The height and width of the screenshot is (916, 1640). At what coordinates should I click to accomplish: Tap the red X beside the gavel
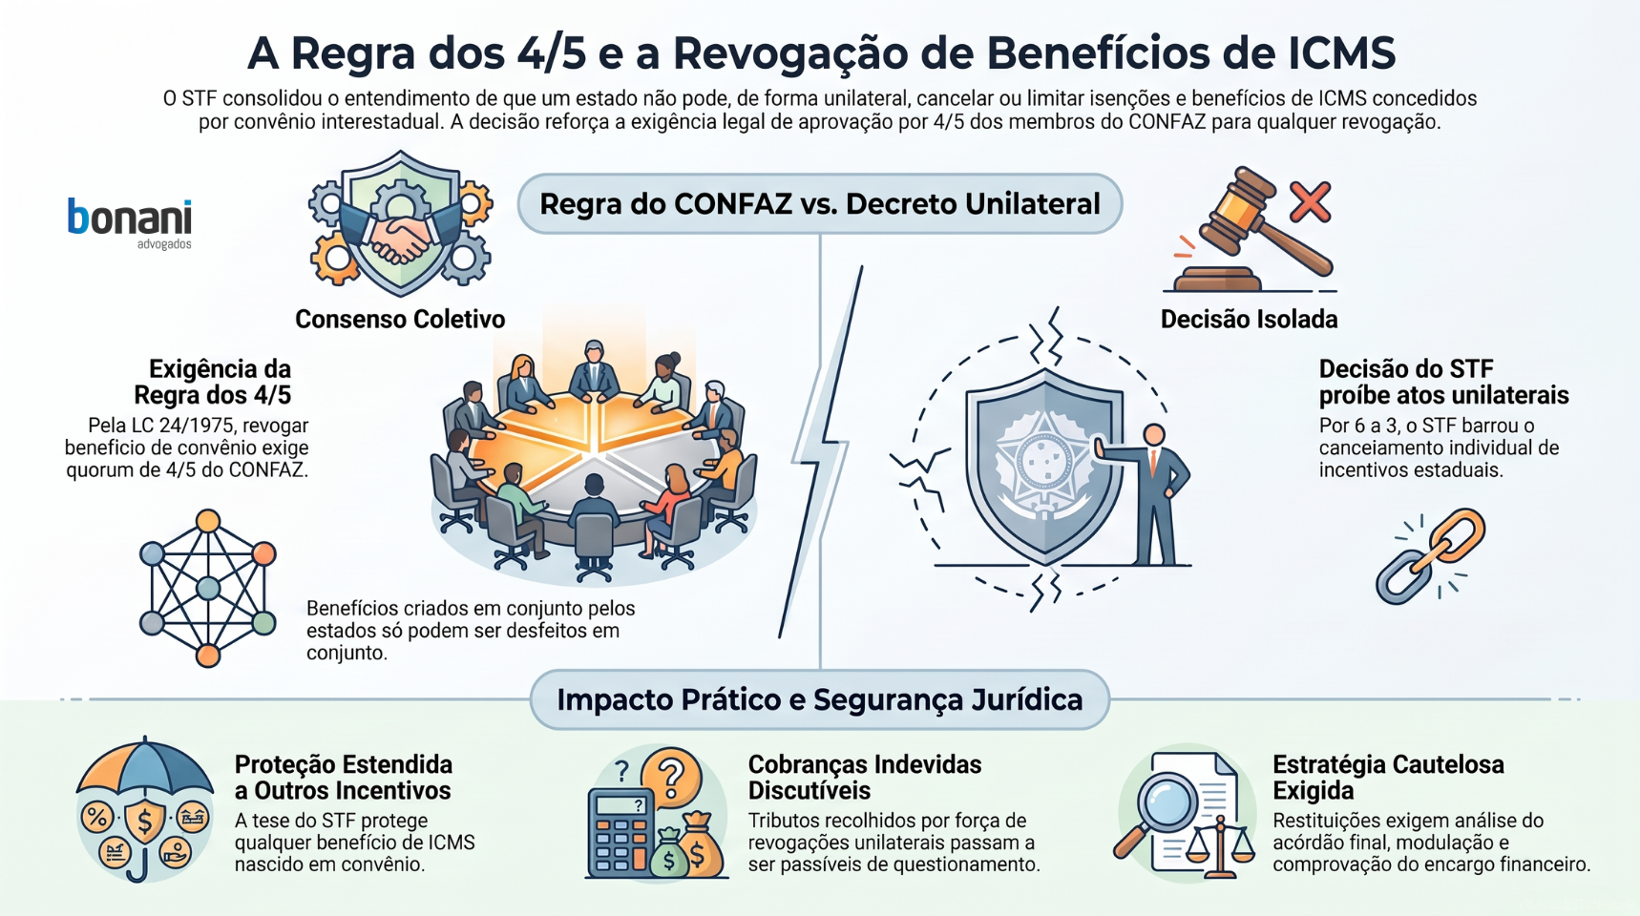point(1310,202)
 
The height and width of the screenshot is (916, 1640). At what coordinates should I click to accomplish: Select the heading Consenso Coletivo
point(400,319)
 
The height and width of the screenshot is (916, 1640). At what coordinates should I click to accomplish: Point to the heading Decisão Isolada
point(1249,319)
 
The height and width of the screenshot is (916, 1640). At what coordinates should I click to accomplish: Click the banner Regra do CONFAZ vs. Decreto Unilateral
point(820,203)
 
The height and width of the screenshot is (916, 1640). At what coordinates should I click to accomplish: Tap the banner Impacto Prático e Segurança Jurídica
point(820,699)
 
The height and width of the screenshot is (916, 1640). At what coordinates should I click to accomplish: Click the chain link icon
point(1430,555)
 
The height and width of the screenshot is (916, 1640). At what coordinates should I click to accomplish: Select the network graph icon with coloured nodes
point(208,588)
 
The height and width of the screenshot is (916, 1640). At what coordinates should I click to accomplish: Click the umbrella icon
point(144,806)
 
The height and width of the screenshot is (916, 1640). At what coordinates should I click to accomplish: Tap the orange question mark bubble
point(672,775)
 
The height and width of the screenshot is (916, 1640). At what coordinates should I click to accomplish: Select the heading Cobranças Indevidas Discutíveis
point(865,778)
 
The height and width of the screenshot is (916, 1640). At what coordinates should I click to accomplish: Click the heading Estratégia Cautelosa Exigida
point(1388,778)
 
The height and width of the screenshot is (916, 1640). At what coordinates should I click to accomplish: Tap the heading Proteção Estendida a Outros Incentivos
point(344,778)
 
